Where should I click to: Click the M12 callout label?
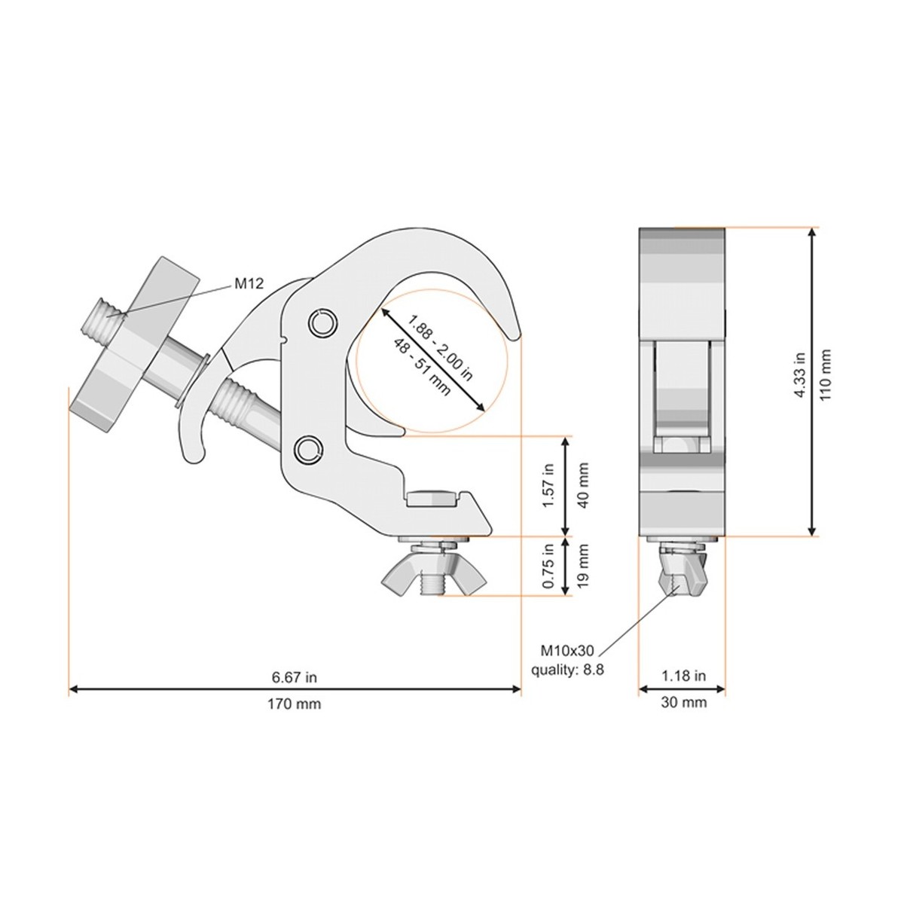coord(249,283)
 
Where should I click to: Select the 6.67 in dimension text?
coord(294,677)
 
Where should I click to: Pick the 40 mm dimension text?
coord(582,486)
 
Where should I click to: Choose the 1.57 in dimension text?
coord(549,485)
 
